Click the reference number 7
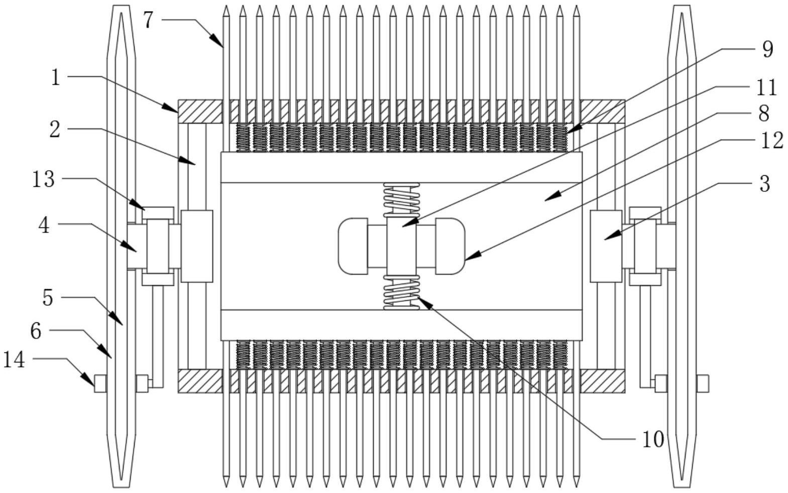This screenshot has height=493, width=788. click(148, 21)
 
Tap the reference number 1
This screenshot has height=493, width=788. click(56, 77)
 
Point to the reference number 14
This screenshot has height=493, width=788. click(14, 359)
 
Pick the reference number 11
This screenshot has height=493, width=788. click(766, 87)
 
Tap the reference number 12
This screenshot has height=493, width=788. click(771, 141)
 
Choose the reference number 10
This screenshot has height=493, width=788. click(653, 439)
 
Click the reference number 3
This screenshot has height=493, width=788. click(764, 184)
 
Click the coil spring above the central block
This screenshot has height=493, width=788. click(401, 200)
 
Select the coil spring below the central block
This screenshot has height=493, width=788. click(401, 293)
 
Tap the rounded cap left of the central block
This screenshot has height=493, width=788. click(353, 246)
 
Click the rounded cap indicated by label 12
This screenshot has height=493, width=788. click(450, 246)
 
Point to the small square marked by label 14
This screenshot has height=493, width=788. click(100, 384)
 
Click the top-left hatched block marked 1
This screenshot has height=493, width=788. click(199, 111)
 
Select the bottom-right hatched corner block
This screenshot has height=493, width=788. click(603, 381)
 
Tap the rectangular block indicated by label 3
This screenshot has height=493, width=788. click(606, 246)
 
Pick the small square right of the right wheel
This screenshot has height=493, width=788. click(702, 384)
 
